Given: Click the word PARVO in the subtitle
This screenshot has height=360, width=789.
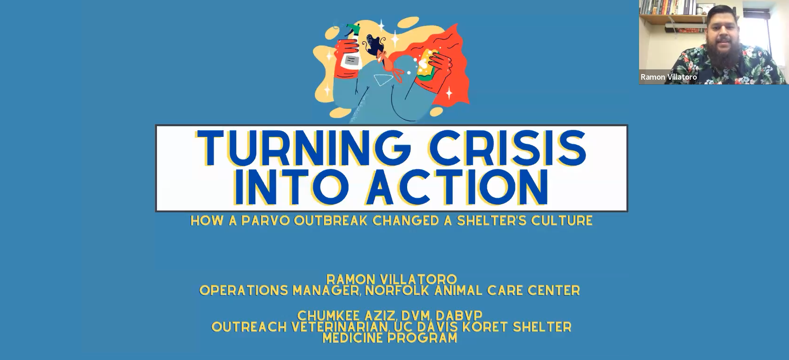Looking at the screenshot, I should (x=266, y=221).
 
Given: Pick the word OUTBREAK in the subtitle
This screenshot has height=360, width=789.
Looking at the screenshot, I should (x=331, y=221).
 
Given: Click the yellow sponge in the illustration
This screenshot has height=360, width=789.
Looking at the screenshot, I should (x=427, y=66).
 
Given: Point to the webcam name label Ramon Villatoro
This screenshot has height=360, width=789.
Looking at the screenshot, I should (x=669, y=77).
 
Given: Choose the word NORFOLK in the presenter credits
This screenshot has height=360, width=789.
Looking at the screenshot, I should (x=397, y=291).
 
